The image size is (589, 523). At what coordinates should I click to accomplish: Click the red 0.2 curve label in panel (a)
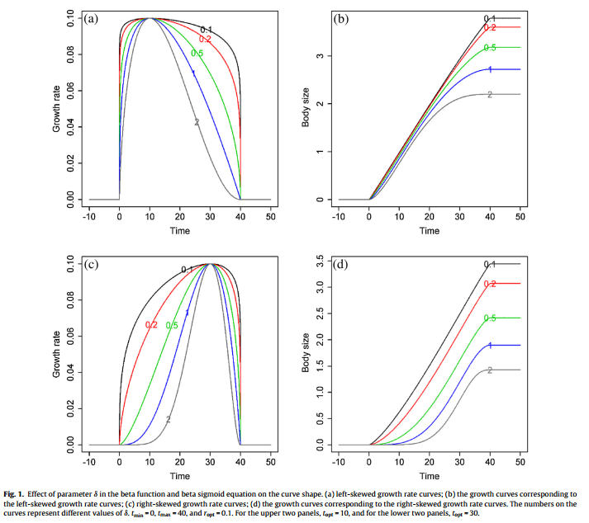point(205,40)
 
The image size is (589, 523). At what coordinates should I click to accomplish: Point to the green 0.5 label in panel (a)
point(197,54)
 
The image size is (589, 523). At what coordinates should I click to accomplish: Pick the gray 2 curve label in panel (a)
point(197,122)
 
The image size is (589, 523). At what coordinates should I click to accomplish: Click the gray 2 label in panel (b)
point(490,95)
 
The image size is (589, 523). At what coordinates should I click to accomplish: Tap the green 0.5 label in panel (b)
point(490,48)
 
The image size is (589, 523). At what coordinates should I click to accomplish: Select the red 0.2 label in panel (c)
point(151,325)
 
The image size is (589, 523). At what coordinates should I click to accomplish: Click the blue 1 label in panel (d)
point(490,345)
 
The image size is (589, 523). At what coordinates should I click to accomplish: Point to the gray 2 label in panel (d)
point(490,370)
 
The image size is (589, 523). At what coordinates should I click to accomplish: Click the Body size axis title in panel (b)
point(306,109)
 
